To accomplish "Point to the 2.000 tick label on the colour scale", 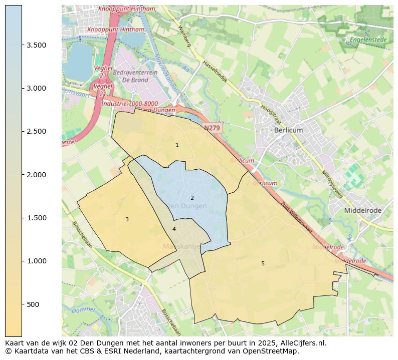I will point(37,175).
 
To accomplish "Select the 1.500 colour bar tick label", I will point(37,218).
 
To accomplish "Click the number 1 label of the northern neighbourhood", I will point(177,145).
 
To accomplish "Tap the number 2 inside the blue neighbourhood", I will point(192,198).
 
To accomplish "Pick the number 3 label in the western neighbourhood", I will point(127,219).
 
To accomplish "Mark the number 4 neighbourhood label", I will point(174,229).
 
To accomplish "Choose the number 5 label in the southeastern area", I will point(263,263).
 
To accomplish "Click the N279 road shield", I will point(212,128).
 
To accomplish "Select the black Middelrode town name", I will point(362,211).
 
